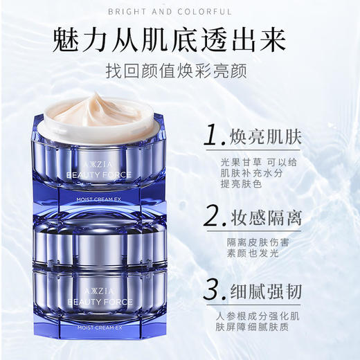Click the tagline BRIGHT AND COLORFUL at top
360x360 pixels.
point(180,11)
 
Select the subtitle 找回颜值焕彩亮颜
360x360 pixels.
point(180,72)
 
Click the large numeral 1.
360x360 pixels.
point(211,134)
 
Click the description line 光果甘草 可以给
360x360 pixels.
point(262,161)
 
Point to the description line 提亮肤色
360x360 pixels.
point(242,186)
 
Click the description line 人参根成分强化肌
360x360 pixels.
point(267,316)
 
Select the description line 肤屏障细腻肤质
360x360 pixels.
point(262,328)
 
